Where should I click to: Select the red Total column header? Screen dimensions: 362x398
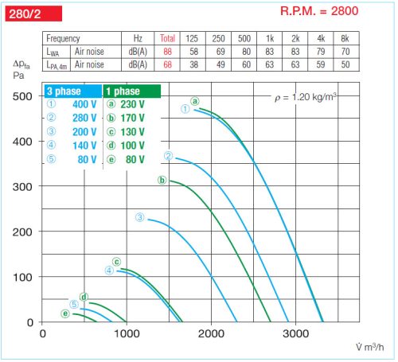167,39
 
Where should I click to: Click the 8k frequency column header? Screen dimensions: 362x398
345,39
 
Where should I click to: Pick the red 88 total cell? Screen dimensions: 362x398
167,51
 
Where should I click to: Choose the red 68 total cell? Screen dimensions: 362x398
167,64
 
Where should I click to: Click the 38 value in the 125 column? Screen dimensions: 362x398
192,64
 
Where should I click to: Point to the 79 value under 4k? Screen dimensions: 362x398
320,51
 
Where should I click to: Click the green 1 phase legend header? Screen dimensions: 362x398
127,91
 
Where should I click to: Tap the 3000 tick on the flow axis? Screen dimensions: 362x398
295,333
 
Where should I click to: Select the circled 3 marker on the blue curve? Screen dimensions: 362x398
139,217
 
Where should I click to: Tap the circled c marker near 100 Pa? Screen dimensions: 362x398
116,262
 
